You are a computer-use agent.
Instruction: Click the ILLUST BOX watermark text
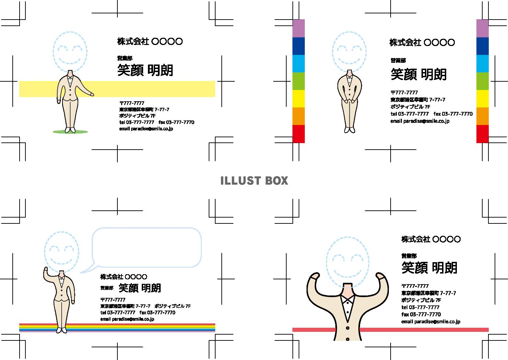(x=254, y=181)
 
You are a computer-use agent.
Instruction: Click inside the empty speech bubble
(x=147, y=247)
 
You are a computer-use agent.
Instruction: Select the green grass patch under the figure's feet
(x=70, y=131)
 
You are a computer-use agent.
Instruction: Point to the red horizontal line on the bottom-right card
(x=412, y=330)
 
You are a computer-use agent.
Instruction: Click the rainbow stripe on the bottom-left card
(x=137, y=328)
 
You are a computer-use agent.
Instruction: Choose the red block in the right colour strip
(x=482, y=134)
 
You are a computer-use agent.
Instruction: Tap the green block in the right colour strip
(x=482, y=81)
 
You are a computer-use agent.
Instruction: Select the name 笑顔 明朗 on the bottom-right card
(x=429, y=268)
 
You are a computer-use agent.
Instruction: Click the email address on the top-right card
(x=420, y=121)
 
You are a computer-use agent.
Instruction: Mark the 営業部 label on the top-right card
(x=398, y=60)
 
